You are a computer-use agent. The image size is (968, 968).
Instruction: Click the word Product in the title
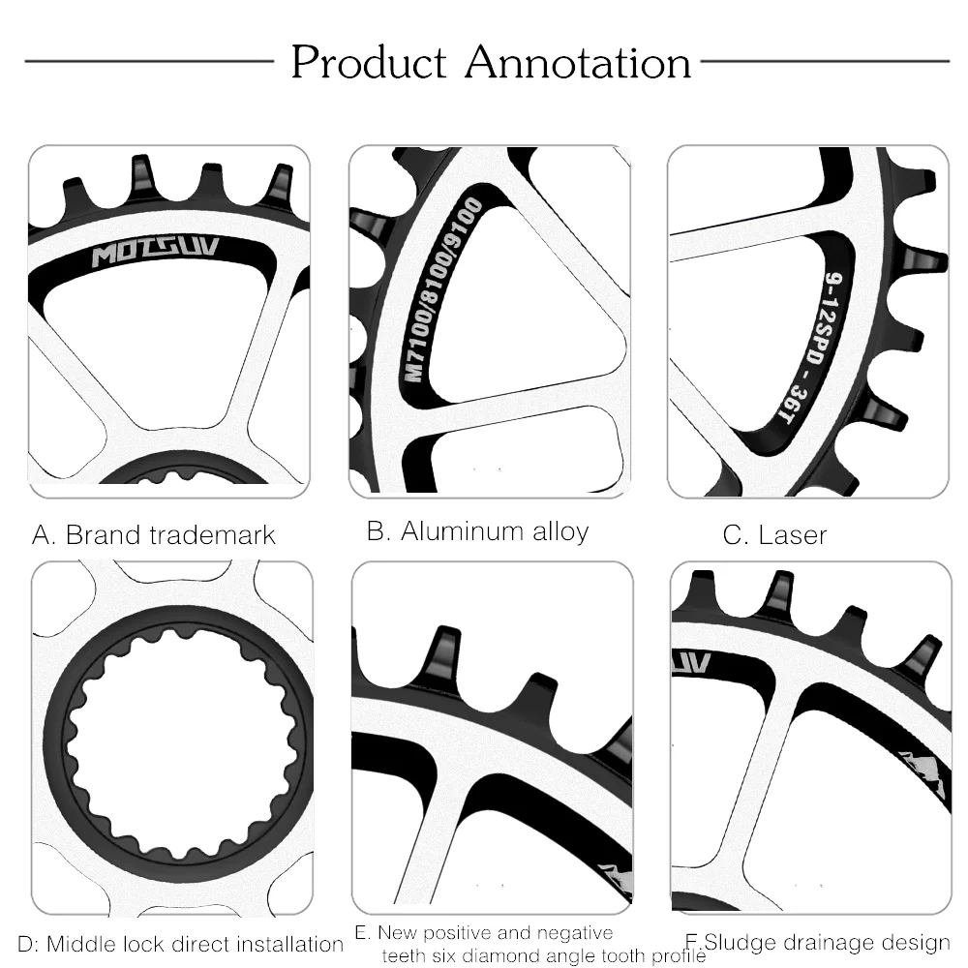tap(369, 63)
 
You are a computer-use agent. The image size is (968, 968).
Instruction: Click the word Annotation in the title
tap(578, 63)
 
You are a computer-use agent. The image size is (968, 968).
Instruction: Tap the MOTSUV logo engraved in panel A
tap(155, 256)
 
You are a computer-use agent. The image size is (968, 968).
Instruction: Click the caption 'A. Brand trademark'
tap(154, 534)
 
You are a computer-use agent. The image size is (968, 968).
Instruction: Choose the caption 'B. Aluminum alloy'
tap(477, 530)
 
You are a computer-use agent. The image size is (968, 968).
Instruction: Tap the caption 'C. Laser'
tap(774, 534)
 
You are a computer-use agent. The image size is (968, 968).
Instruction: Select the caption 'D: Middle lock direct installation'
tap(182, 944)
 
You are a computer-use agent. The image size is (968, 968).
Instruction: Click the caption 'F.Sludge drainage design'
tap(817, 942)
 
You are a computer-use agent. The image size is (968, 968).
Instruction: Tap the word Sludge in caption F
tap(737, 942)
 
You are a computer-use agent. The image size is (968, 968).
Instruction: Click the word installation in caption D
tap(294, 944)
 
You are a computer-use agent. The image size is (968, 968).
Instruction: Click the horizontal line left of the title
tap(149, 61)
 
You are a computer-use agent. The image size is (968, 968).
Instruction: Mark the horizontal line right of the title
tap(824, 61)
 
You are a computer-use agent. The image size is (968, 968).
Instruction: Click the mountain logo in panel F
tap(921, 771)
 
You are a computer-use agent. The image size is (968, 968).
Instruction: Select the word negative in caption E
tap(572, 933)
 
